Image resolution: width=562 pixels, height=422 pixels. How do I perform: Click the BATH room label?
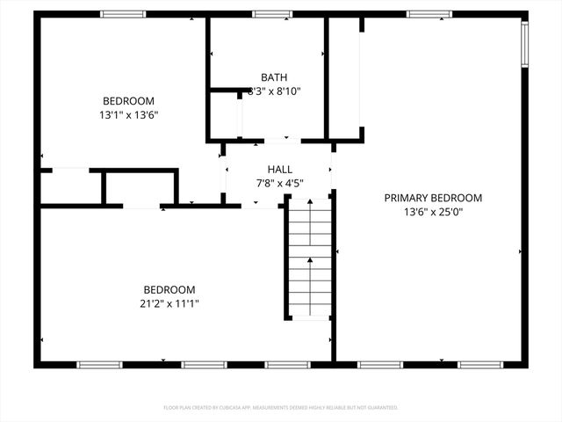coord(274,77)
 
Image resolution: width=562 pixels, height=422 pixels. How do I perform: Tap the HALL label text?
coord(280,170)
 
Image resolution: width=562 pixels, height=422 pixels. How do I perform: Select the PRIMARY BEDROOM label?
coord(433,198)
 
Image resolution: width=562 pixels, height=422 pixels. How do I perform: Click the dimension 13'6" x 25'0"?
coord(433,212)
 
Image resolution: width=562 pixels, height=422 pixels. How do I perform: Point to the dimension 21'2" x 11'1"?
coord(169,304)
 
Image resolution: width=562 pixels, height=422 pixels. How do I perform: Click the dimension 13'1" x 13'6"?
coord(128,114)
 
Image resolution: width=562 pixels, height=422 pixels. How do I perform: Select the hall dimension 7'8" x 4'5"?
coord(280,184)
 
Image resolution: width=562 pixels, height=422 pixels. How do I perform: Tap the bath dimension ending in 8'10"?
coord(274,91)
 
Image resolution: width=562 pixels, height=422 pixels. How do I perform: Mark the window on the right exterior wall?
coord(524,43)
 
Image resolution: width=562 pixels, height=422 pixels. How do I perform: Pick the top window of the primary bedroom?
coord(429,14)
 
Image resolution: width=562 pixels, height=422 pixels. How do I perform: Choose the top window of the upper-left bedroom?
coord(122,14)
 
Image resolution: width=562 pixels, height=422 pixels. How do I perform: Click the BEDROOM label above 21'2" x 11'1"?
coord(169,290)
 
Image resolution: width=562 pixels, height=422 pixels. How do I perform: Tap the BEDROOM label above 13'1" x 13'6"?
coord(128,100)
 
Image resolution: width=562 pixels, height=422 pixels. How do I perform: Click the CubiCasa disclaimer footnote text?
coord(281,408)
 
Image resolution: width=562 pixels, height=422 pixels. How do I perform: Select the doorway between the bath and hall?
coord(277,139)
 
